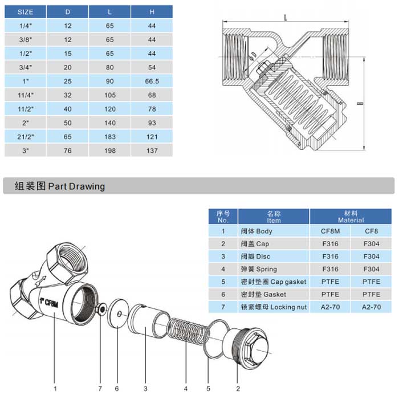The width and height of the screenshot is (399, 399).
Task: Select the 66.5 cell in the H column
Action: coord(152,81)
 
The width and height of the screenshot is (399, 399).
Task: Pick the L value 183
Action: coord(110,137)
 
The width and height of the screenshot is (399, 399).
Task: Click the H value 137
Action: coord(152,150)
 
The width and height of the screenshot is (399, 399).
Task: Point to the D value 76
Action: coord(68,150)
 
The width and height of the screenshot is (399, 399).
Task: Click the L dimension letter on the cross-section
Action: coord(285,17)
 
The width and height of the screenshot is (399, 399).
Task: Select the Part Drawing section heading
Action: coord(54,186)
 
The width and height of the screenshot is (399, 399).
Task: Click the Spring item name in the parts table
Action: coord(259,269)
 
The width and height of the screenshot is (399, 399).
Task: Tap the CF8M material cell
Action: coord(330,231)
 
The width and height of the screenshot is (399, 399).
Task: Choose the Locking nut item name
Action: coord(274,307)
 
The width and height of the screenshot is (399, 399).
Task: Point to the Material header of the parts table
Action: coord(351,217)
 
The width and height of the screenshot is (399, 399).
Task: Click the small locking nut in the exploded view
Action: coord(101,310)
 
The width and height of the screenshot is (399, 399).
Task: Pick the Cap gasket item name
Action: coord(274,282)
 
